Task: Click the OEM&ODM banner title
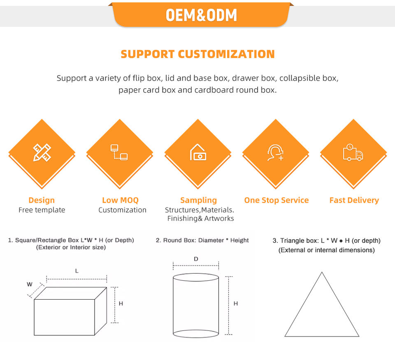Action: click(x=201, y=15)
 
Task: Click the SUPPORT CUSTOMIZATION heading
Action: click(x=197, y=54)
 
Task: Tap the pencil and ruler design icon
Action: click(x=42, y=152)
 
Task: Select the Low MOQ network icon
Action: click(x=119, y=152)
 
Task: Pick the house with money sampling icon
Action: click(x=198, y=152)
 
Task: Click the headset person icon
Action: click(x=275, y=152)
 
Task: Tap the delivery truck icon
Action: click(x=353, y=152)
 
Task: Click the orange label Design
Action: click(x=42, y=200)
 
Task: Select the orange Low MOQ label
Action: click(x=120, y=200)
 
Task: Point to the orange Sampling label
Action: click(x=198, y=200)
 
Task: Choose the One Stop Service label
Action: click(x=276, y=200)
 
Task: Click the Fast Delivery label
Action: click(x=354, y=200)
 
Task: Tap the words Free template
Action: click(x=42, y=210)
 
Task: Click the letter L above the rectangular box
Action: click(x=77, y=271)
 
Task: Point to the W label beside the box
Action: click(x=30, y=284)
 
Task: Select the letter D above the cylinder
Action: click(x=196, y=259)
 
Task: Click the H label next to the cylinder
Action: click(x=236, y=304)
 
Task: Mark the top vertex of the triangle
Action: click(x=322, y=272)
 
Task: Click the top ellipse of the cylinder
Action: click(x=196, y=277)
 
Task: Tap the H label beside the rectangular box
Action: click(x=121, y=304)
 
